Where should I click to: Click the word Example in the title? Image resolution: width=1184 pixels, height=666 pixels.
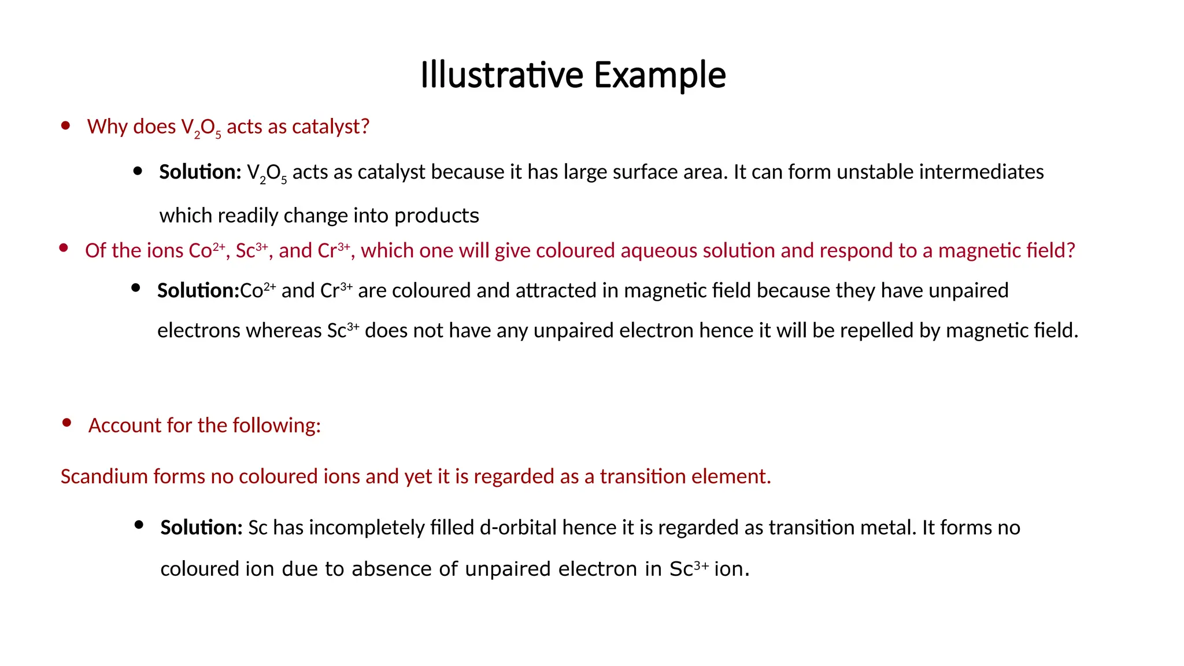(660, 75)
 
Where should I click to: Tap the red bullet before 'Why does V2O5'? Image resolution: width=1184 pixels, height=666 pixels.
(66, 125)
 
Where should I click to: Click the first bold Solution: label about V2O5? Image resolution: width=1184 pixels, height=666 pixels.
(200, 172)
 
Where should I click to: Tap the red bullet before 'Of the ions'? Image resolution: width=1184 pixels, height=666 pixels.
(64, 249)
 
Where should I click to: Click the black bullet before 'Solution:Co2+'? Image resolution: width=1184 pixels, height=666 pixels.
(136, 288)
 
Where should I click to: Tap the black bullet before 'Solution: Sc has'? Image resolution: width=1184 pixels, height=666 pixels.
(139, 525)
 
